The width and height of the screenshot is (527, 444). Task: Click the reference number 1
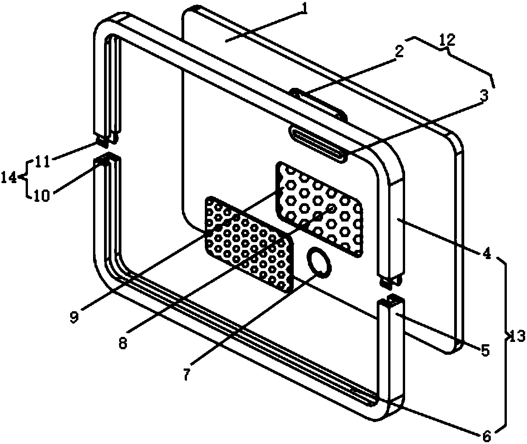(302, 11)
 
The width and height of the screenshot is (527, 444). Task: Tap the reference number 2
(400, 51)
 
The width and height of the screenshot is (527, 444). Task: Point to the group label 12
(448, 40)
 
